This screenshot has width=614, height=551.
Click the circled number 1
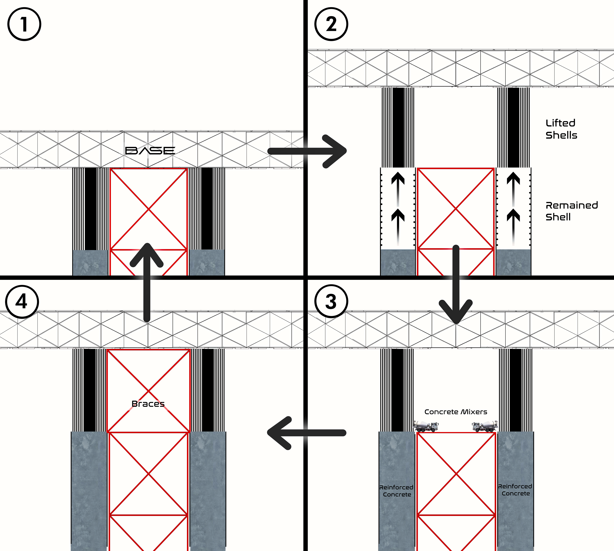pyautogui.click(x=24, y=24)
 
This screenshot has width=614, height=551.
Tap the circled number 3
pyautogui.click(x=331, y=301)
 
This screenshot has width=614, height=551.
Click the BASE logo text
pyautogui.click(x=150, y=151)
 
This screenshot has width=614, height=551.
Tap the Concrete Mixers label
pyautogui.click(x=456, y=412)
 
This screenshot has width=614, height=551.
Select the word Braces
pyautogui.click(x=148, y=404)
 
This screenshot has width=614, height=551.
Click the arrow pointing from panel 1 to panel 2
pyautogui.click(x=307, y=151)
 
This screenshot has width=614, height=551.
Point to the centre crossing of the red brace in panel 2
pyautogui.click(x=456, y=209)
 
